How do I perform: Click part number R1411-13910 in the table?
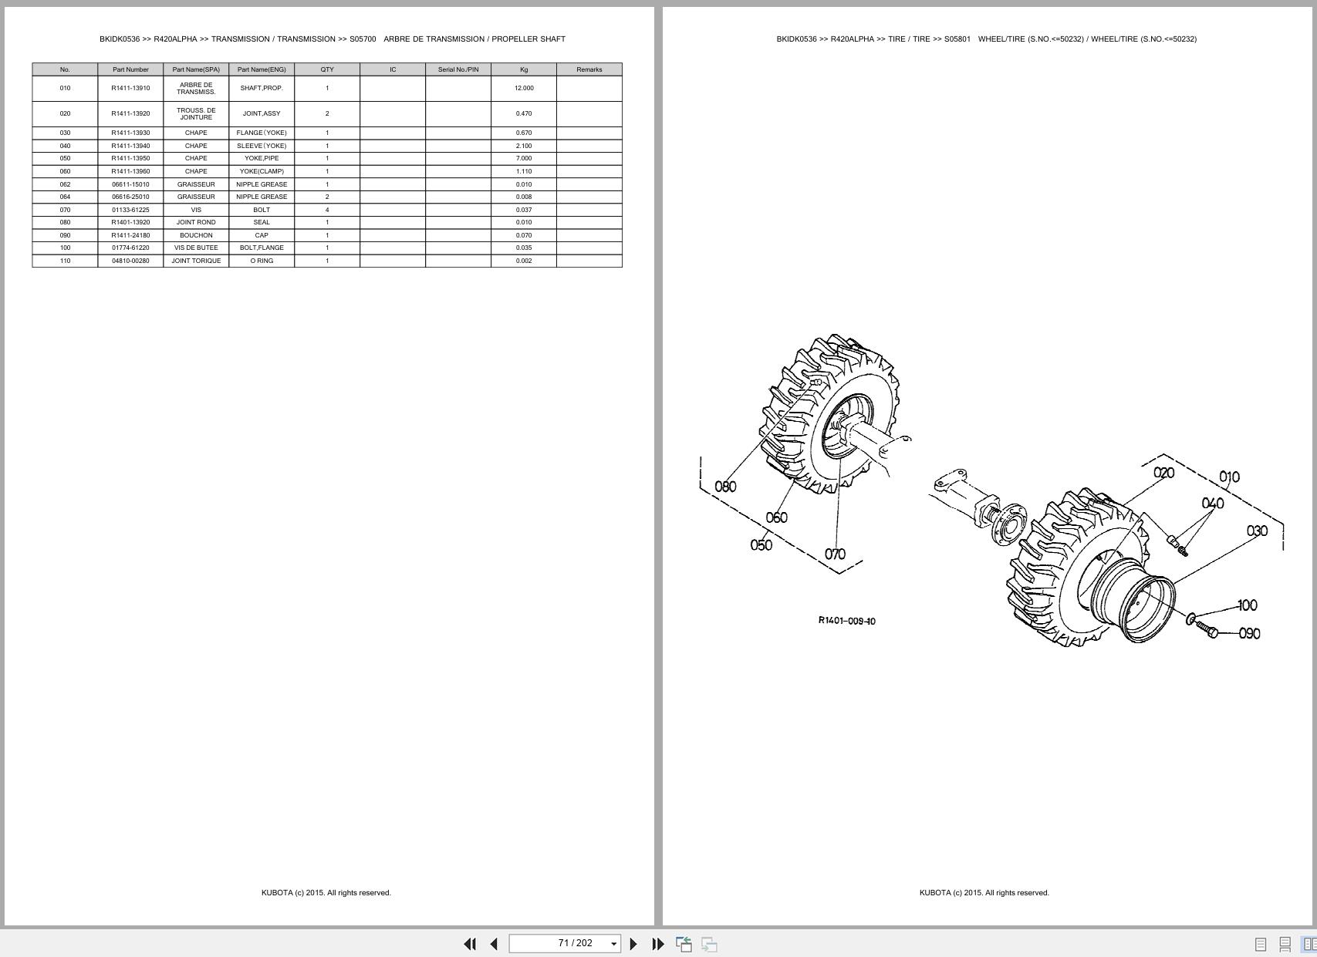click(130, 88)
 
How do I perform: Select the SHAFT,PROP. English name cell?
click(262, 88)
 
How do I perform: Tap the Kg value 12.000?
click(524, 88)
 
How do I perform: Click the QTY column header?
click(327, 69)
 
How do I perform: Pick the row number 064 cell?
click(65, 197)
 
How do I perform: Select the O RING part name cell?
click(262, 261)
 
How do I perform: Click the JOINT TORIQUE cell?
click(196, 261)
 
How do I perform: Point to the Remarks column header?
click(589, 69)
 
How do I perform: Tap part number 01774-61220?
click(130, 248)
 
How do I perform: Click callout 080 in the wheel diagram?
click(725, 487)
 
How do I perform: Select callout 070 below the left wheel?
click(835, 554)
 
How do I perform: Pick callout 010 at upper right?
click(1229, 477)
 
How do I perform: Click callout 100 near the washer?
click(1247, 605)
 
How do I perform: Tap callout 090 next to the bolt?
click(1249, 633)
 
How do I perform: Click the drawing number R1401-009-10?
click(846, 621)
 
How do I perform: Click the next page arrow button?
click(633, 944)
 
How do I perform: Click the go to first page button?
click(469, 944)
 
